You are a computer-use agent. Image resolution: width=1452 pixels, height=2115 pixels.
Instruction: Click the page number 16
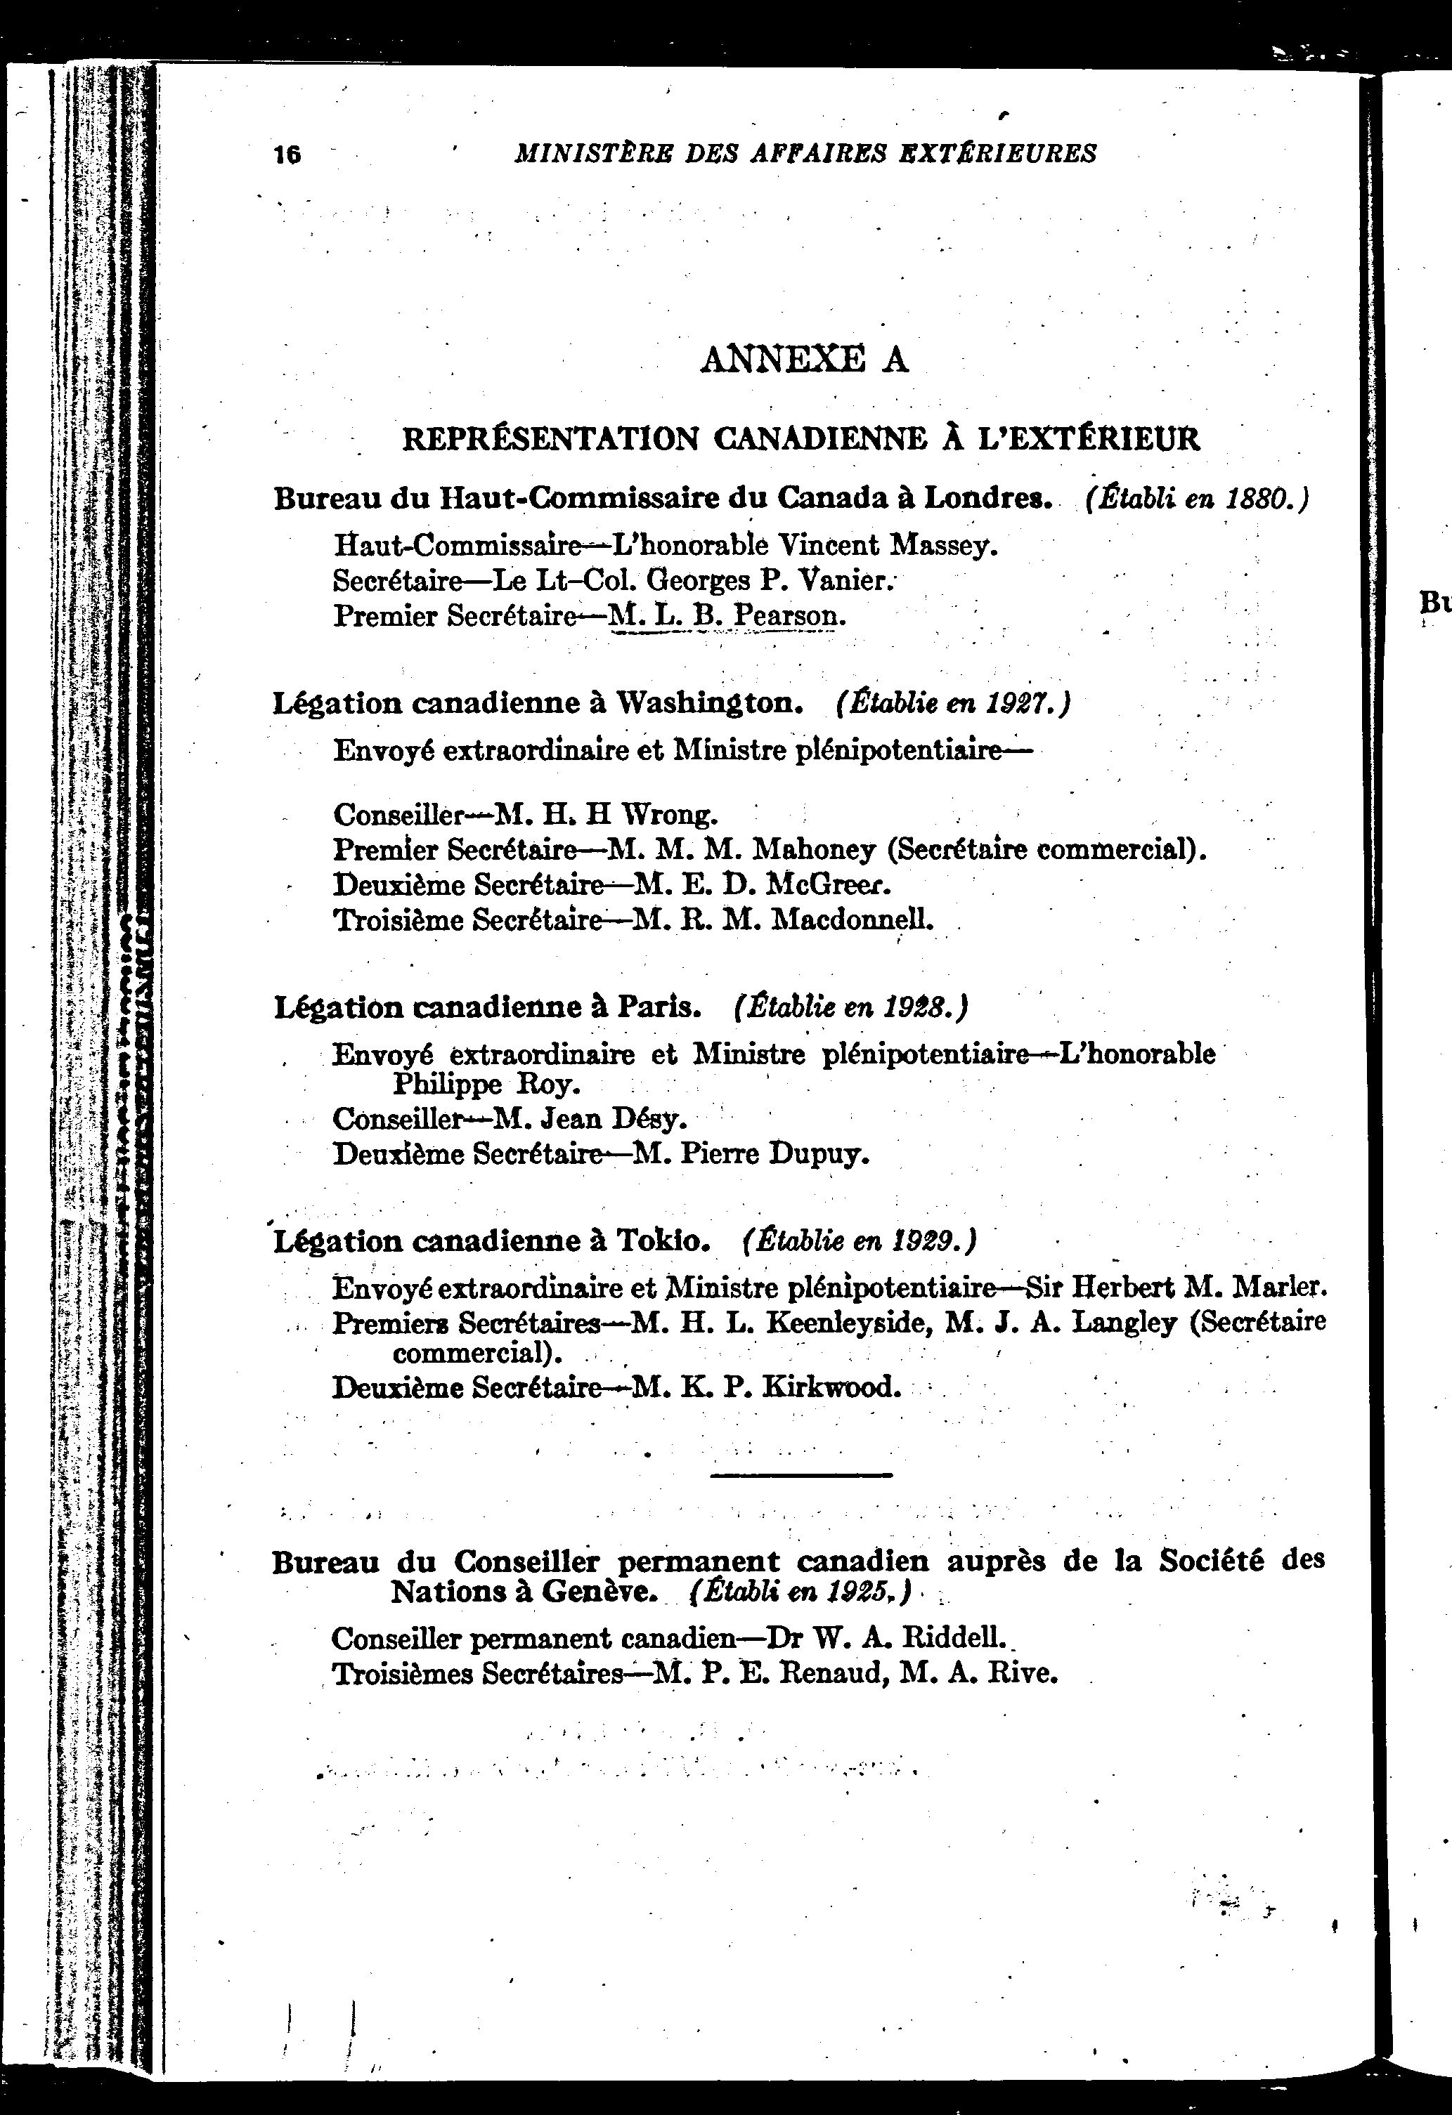pyautogui.click(x=287, y=155)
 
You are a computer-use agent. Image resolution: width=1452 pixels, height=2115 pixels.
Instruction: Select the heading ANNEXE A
pyautogui.click(x=804, y=360)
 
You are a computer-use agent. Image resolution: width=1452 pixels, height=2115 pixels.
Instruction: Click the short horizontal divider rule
pyautogui.click(x=800, y=1475)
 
